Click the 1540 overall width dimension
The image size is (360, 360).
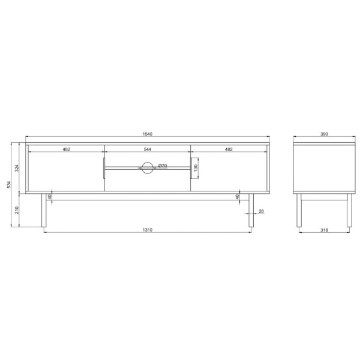pyautogui.click(x=148, y=134)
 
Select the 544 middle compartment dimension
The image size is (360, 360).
pyautogui.click(x=148, y=149)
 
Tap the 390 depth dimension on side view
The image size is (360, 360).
pyautogui.click(x=324, y=134)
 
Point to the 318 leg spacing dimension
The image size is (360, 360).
pyautogui.click(x=324, y=230)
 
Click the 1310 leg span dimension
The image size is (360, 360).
pyautogui.click(x=148, y=230)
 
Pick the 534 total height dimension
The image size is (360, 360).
pyautogui.click(x=9, y=185)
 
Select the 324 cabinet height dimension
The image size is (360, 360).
pyautogui.click(x=17, y=168)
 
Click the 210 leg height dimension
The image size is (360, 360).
pyautogui.click(x=17, y=210)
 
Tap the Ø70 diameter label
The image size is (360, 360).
pyautogui.click(x=163, y=166)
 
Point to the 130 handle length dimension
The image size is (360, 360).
pyautogui.click(x=196, y=168)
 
